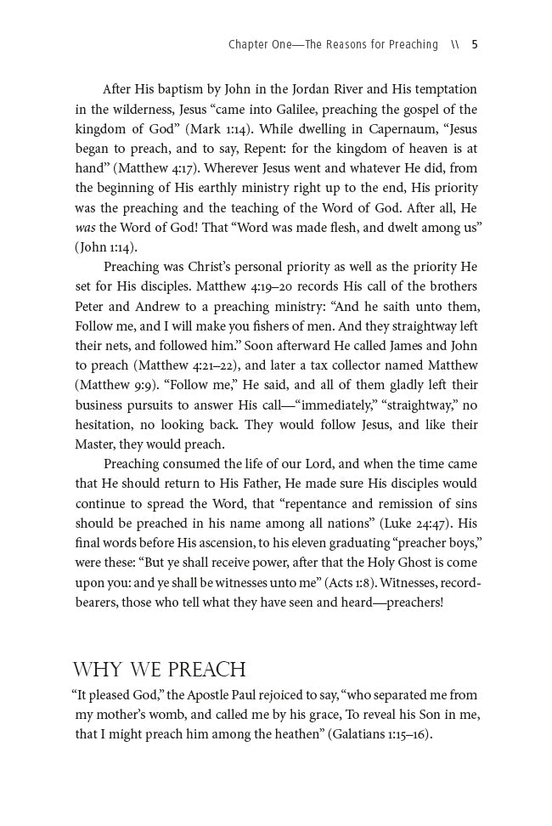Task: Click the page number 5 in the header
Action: click(x=475, y=44)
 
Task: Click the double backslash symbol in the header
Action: click(x=455, y=44)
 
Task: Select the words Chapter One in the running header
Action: click(x=258, y=44)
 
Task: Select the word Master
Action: click(x=98, y=444)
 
